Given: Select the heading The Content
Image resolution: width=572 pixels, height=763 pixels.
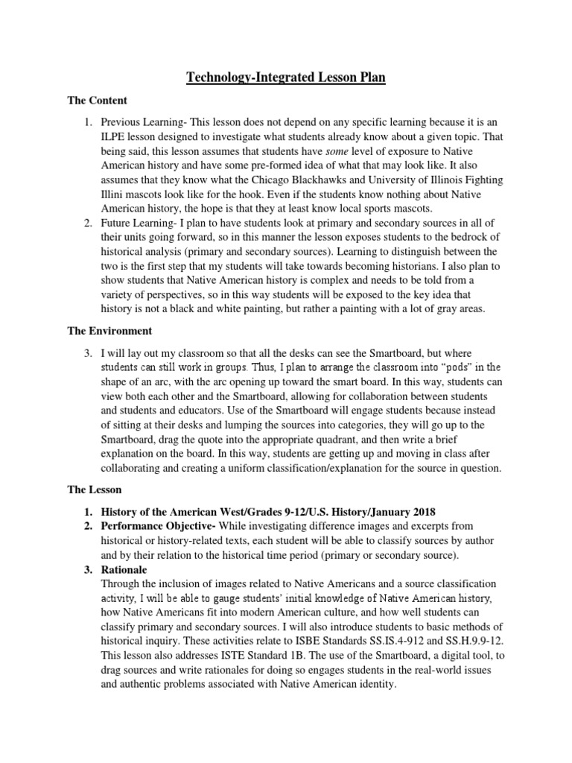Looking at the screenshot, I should (x=98, y=100).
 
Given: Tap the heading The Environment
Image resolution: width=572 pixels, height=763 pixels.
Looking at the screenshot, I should (x=109, y=330).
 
